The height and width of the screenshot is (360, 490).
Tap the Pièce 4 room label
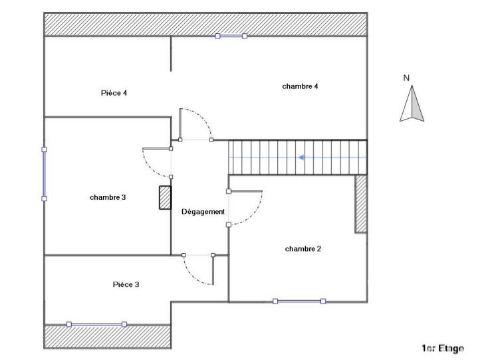(114, 93)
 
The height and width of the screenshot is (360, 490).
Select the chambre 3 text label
(108, 197)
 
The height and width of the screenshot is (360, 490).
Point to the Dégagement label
(203, 212)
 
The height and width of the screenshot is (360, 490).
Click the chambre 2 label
(303, 249)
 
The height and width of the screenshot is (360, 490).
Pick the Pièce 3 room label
(126, 284)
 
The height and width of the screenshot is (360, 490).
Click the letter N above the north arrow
(407, 78)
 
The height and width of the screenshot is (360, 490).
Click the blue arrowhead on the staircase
(302, 157)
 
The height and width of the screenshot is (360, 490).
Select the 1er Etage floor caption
(443, 348)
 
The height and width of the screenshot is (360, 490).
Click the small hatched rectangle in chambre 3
(164, 198)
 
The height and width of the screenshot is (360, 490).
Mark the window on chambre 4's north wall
(231, 36)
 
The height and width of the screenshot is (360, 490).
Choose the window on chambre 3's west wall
(45, 173)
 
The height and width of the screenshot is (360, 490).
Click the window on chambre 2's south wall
(299, 302)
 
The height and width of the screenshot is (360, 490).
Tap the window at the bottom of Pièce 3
(96, 324)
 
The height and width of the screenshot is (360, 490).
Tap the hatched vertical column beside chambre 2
(361, 203)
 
